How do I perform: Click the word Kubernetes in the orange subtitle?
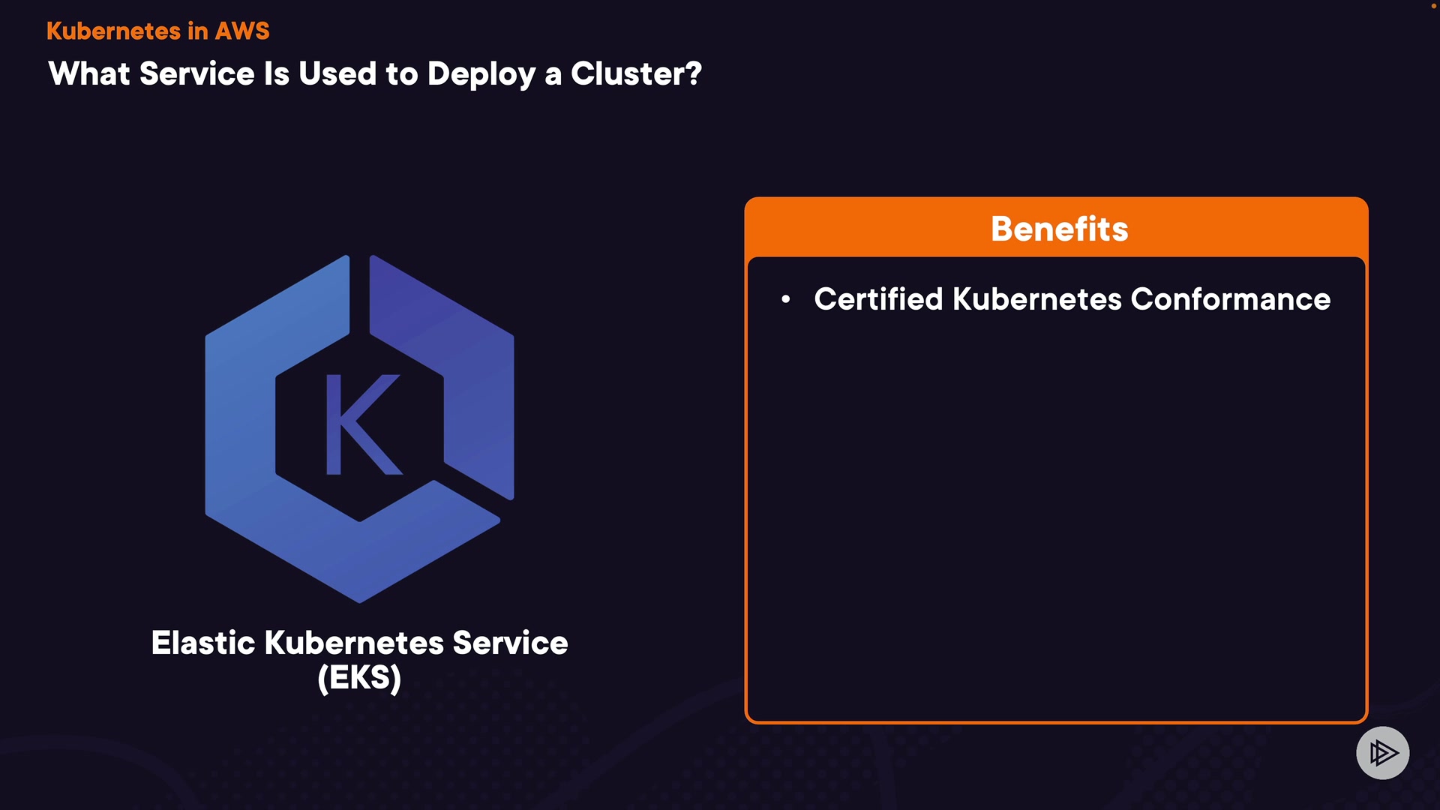coord(113,31)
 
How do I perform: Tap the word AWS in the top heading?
coord(241,31)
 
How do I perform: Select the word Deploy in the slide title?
coord(481,74)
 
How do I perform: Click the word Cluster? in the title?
coord(636,74)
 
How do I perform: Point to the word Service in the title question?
coord(197,74)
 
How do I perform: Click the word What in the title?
coord(89,74)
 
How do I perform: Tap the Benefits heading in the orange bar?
coord(1059,229)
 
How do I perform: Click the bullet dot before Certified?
coord(785,299)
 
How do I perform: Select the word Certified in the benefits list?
coord(878,299)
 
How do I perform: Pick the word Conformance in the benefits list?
coord(1230,299)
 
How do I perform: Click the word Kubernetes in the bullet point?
coord(1037,299)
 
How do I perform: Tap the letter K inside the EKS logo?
coord(361,424)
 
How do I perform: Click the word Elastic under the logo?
coord(203,643)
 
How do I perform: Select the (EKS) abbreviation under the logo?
coord(359,678)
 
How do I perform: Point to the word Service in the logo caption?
coord(510,643)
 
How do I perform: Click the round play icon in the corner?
coord(1382,752)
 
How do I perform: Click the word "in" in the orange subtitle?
coord(197,31)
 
